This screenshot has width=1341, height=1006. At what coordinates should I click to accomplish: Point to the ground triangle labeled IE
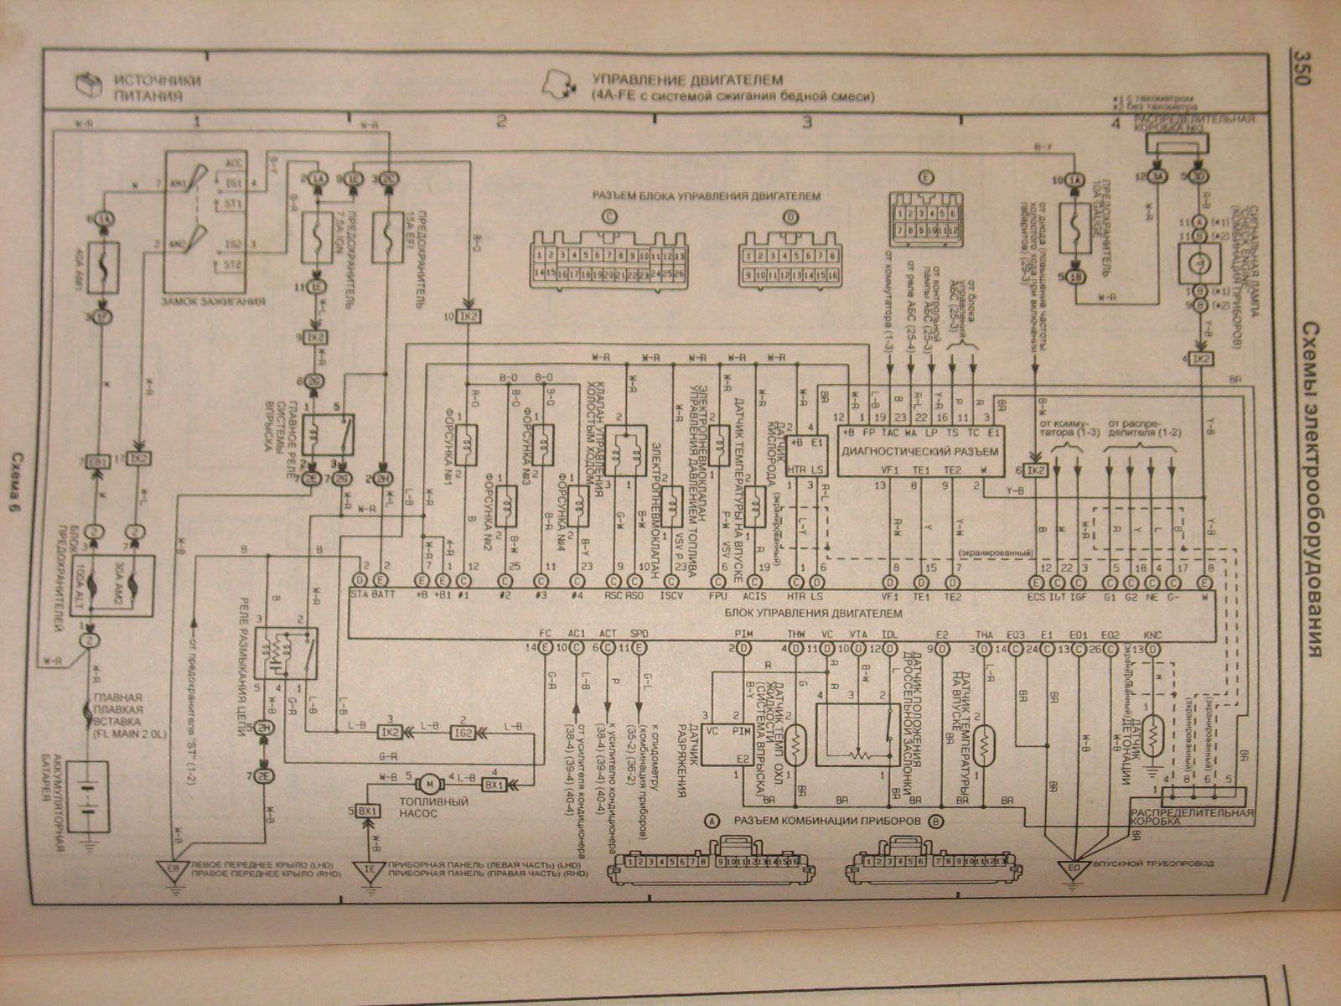[366, 869]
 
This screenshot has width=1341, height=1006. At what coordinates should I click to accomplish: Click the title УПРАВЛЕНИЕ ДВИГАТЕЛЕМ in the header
[686, 80]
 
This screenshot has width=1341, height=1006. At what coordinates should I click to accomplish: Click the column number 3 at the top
[807, 122]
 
